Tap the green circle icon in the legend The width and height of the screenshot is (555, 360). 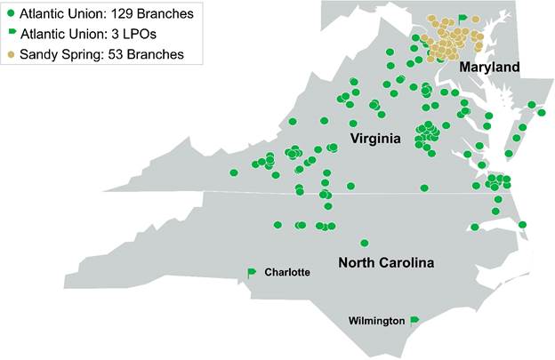[11, 13]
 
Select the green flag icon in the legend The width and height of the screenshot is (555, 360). [11, 34]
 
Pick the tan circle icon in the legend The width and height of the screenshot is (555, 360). [11, 54]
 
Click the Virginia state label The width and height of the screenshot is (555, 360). [374, 139]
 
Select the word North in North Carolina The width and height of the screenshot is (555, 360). [358, 263]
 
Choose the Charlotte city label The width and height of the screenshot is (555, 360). [287, 273]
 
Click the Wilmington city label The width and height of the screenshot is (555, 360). [377, 321]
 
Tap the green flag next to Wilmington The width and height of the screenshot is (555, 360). [414, 320]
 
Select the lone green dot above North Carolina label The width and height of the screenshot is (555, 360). [364, 243]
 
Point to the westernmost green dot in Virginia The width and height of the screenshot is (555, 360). [234, 172]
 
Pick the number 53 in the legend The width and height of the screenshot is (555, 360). [117, 54]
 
